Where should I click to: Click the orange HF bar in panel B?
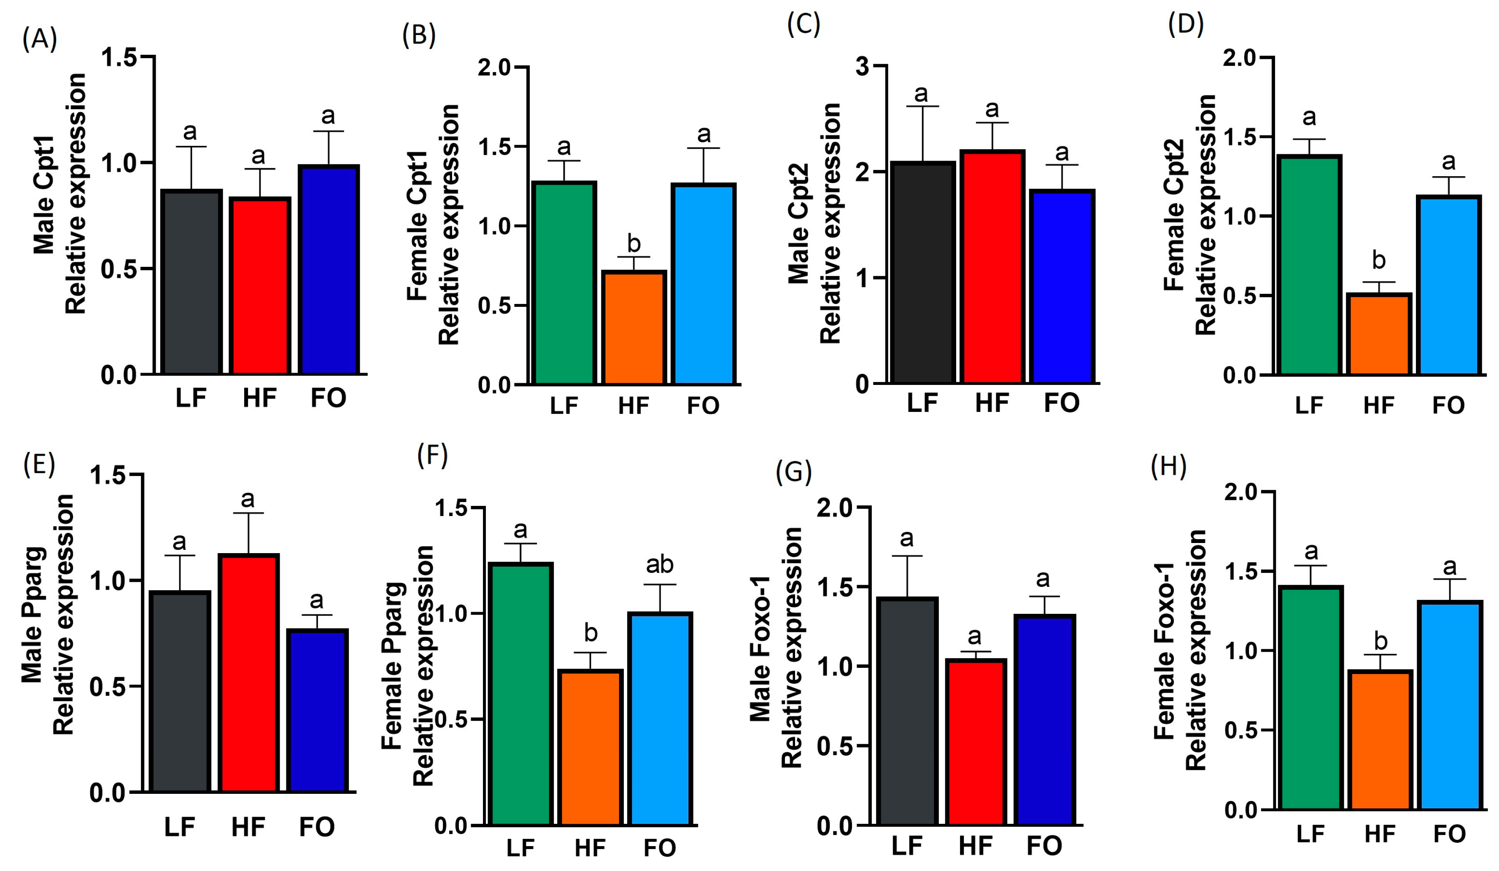coord(634,328)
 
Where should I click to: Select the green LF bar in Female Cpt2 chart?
coord(1309,265)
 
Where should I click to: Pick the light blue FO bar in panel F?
coord(660,719)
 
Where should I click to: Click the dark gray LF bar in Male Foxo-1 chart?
coord(906,712)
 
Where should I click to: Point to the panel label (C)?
coord(803,25)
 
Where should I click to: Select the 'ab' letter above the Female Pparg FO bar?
coord(660,564)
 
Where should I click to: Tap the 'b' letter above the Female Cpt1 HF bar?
coord(634,243)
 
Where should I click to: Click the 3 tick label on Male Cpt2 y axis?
coord(862,66)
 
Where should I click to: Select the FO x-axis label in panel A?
coord(328,398)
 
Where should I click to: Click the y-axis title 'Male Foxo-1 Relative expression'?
coord(776,648)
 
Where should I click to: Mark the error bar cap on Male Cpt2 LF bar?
coord(922,106)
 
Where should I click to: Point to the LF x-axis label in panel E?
coord(180,826)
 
